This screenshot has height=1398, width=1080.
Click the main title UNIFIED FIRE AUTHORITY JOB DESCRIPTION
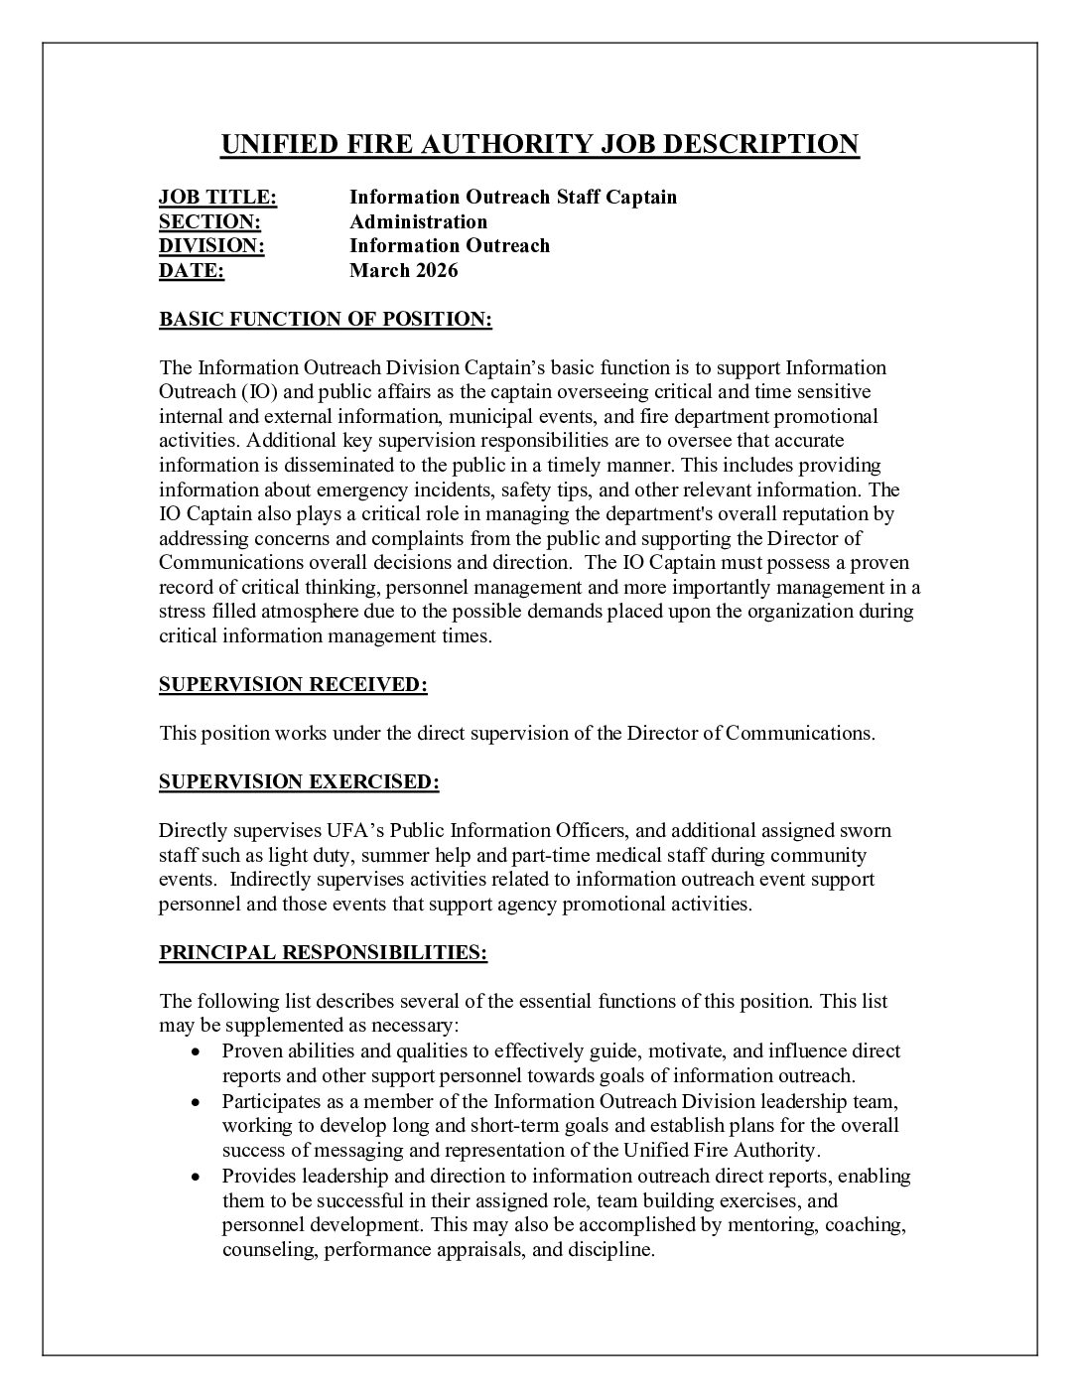pyautogui.click(x=539, y=145)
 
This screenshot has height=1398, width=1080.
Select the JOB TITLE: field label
pyautogui.click(x=217, y=198)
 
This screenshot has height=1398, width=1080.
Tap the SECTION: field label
pyautogui.click(x=209, y=221)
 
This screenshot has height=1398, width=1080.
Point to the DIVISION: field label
pyautogui.click(x=211, y=245)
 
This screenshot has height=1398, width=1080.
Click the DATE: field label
pyautogui.click(x=192, y=270)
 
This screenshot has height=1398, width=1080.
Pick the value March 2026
pyautogui.click(x=403, y=270)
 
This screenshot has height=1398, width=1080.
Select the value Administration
pyautogui.click(x=418, y=221)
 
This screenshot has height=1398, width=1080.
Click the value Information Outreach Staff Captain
pyautogui.click(x=512, y=198)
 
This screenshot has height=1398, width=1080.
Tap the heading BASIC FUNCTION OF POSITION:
pyautogui.click(x=326, y=320)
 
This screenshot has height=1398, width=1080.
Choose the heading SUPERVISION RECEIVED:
pyautogui.click(x=293, y=684)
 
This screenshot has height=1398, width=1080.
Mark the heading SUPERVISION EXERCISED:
pyautogui.click(x=299, y=782)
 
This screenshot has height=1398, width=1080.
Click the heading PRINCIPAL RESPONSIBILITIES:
pyautogui.click(x=323, y=953)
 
